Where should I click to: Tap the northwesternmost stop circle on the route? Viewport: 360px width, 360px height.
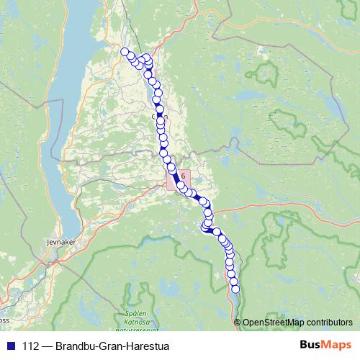coord(125,51)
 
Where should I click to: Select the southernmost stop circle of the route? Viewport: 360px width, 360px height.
coord(235,289)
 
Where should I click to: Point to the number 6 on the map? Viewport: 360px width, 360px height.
coord(184,175)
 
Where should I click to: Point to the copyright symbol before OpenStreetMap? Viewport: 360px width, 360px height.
coord(238,322)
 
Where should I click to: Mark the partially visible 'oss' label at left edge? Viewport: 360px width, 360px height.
coord(4,320)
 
